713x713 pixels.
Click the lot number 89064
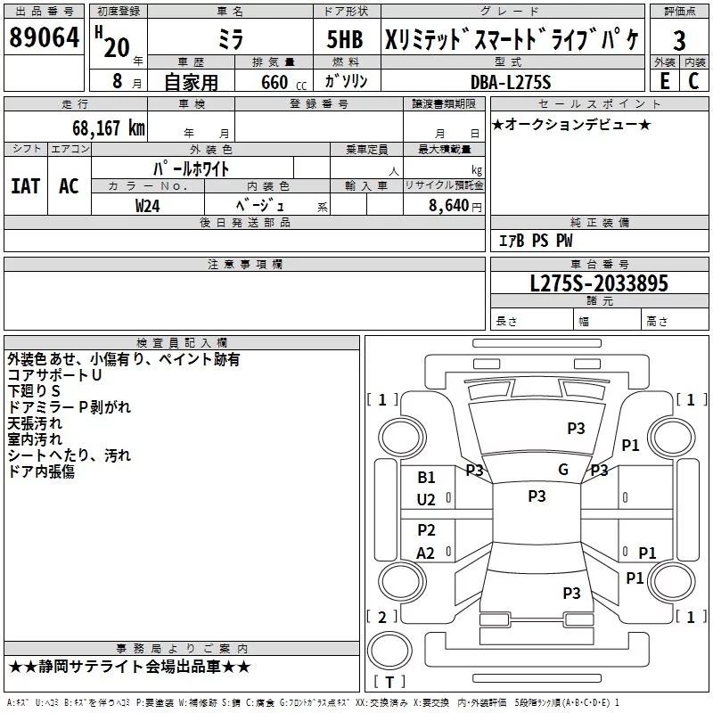44,37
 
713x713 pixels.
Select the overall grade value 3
679,41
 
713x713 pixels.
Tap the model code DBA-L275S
511,82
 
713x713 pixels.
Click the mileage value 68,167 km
109,128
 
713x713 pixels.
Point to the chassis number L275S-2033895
599,283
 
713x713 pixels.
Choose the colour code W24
147,206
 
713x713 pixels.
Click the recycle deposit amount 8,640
449,206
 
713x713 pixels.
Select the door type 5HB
345,39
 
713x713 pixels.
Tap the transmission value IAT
25,186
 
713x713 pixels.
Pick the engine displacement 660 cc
284,82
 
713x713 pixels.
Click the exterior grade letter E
665,81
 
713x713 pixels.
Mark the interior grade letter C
693,81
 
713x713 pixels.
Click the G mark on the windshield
563,470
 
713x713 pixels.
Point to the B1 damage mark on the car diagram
426,478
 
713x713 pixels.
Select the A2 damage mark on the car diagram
425,553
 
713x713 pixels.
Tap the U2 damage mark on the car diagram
426,500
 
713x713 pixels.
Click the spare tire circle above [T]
389,652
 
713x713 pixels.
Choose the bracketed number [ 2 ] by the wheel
382,617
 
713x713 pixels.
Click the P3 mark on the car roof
537,496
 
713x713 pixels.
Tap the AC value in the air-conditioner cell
69,186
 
